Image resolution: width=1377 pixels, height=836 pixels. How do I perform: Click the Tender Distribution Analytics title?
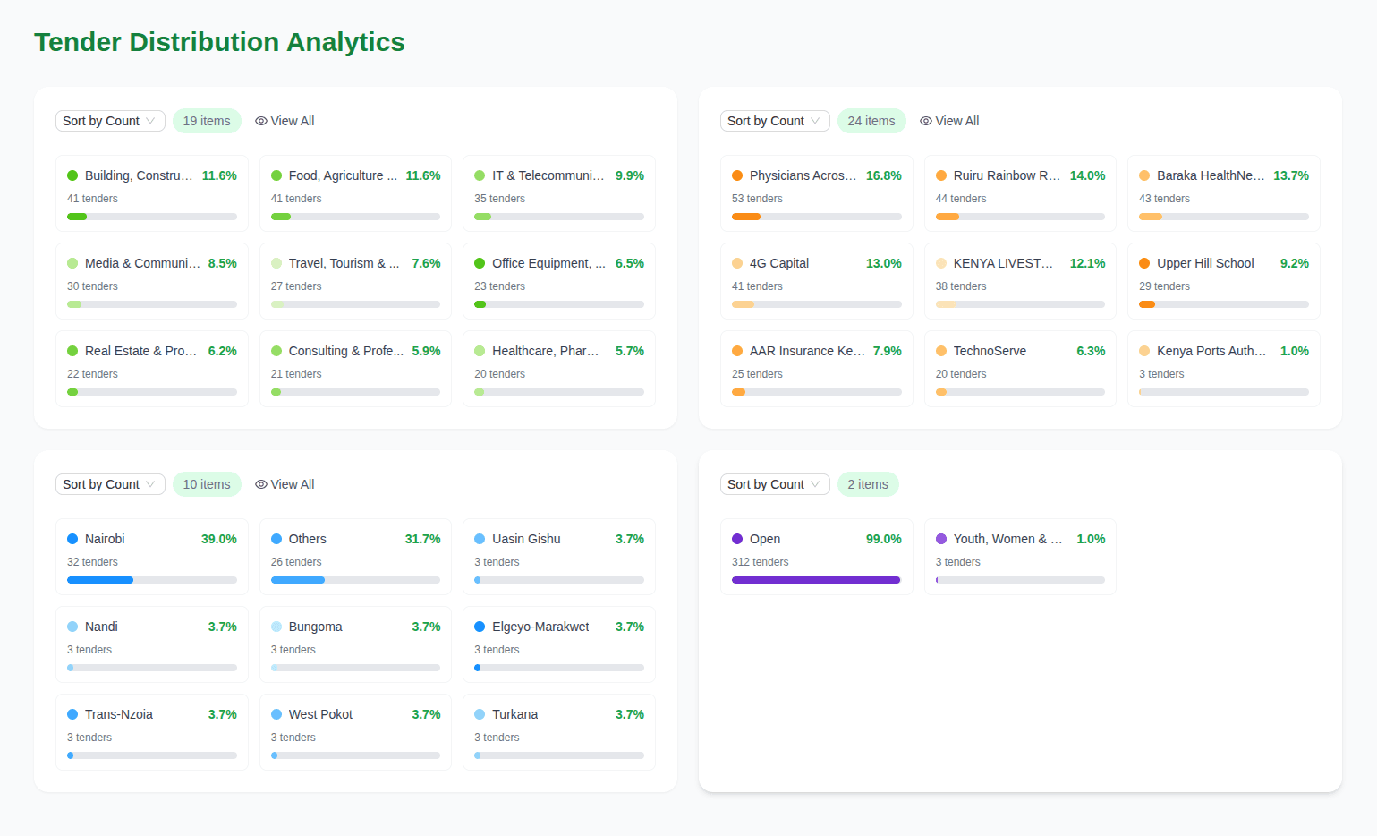(x=219, y=42)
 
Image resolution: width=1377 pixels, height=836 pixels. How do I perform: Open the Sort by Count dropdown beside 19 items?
(x=110, y=121)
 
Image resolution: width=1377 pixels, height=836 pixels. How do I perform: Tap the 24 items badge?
(x=871, y=121)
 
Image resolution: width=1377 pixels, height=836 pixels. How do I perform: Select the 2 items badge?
(x=867, y=485)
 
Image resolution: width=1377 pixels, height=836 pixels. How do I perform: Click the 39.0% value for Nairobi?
(x=219, y=539)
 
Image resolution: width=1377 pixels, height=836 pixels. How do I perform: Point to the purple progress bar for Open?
(x=816, y=580)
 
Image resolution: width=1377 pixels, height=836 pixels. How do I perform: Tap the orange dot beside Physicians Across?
(x=737, y=176)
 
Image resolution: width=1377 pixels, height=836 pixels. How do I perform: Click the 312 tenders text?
(x=760, y=562)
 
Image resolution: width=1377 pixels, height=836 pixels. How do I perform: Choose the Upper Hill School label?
(x=1205, y=263)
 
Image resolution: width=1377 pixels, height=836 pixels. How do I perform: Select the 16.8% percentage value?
(x=883, y=176)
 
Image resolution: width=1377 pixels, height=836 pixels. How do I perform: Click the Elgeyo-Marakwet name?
(x=540, y=627)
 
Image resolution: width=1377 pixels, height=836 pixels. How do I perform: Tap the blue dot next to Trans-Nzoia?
(x=72, y=715)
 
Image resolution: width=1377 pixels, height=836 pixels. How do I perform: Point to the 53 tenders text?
(x=757, y=199)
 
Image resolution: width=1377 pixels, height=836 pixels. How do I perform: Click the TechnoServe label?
(x=990, y=351)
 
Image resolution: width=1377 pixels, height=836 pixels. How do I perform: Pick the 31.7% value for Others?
(x=422, y=539)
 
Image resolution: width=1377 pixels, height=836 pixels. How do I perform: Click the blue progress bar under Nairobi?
(x=100, y=580)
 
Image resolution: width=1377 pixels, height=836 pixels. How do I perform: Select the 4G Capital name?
(x=778, y=263)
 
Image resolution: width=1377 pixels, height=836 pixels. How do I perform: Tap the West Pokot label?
(x=320, y=715)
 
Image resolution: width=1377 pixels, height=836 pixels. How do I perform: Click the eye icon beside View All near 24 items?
(x=925, y=121)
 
